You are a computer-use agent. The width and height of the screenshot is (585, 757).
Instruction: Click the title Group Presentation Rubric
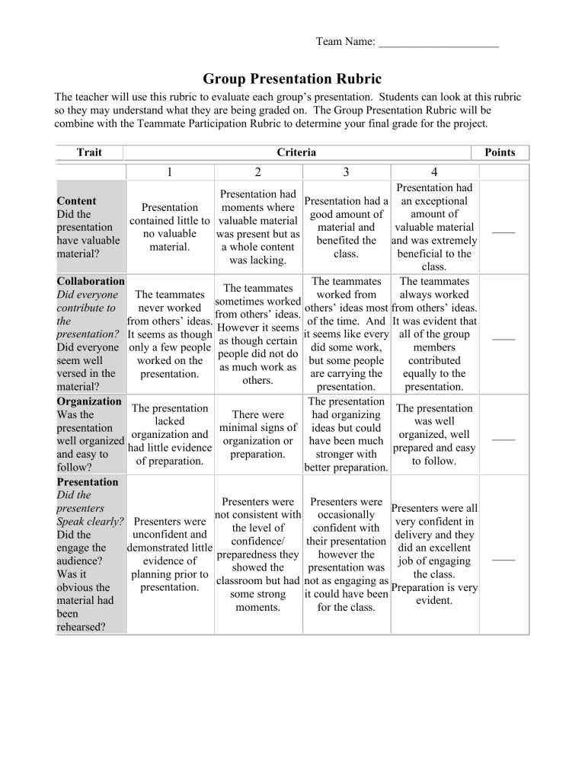[x=292, y=79]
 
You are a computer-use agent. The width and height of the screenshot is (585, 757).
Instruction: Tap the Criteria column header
[x=296, y=152]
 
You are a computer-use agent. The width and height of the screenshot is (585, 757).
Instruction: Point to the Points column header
[x=501, y=152]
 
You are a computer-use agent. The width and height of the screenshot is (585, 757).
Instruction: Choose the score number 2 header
[x=258, y=173]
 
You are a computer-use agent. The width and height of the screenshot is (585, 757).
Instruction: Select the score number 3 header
[x=347, y=173]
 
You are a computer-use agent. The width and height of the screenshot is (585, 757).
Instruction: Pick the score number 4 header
[x=433, y=173]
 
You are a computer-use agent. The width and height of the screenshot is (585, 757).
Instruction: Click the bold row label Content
[x=77, y=201]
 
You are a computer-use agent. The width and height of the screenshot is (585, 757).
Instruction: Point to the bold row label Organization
[x=89, y=401]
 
